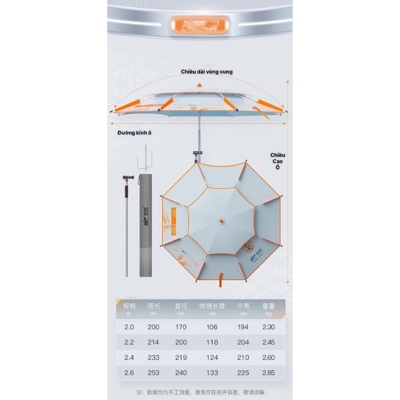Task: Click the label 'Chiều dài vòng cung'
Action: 207,72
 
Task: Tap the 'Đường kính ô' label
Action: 134,133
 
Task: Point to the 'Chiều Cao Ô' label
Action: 278,161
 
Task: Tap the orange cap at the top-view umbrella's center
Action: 221,221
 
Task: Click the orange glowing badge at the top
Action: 200,24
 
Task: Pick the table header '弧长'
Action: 154,306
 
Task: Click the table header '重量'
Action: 269,306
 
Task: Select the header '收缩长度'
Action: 212,306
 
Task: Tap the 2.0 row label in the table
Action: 129,327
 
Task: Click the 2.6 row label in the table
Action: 129,373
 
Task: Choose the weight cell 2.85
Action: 269,373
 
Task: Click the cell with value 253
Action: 154,373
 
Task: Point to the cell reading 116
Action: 212,342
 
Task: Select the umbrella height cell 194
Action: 243,327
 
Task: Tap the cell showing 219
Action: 181,357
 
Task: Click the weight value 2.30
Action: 269,327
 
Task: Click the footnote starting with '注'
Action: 200,392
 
